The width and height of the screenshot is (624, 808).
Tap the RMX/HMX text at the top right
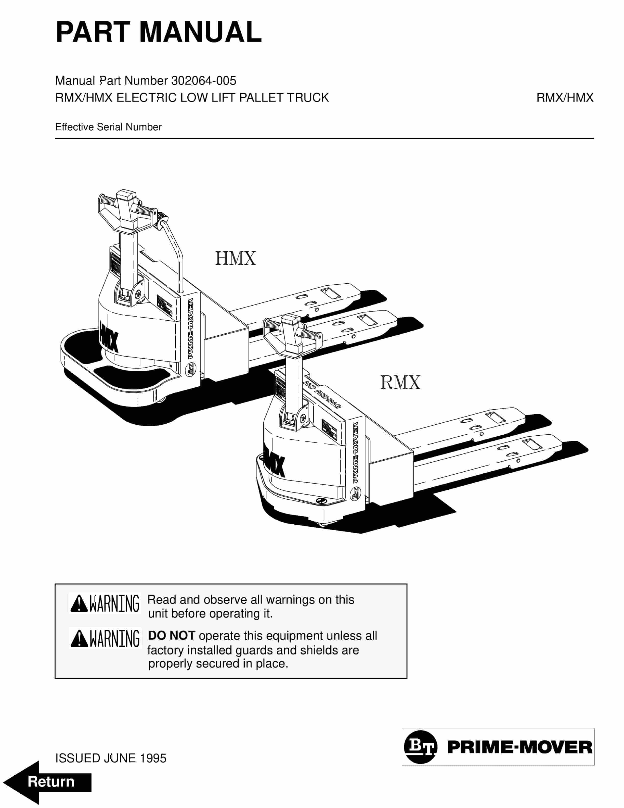[x=565, y=98]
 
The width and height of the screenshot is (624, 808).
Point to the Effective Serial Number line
[x=108, y=127]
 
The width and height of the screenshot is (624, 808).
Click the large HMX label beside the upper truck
[x=236, y=258]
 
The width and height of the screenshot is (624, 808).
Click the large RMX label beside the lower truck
[x=400, y=382]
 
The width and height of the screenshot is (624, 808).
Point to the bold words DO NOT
[x=171, y=636]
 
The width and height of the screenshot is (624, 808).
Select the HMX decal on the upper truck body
[x=109, y=337]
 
